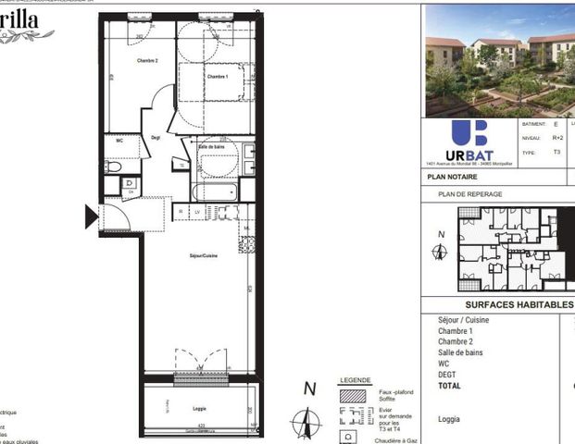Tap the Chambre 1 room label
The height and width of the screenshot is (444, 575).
pyautogui.click(x=218, y=77)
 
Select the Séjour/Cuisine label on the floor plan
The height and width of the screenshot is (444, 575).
pyautogui.click(x=204, y=255)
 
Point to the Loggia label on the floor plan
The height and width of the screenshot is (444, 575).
pyautogui.click(x=199, y=409)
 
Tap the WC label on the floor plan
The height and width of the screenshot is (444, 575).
pyautogui.click(x=119, y=141)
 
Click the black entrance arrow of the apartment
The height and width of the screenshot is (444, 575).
pyautogui.click(x=91, y=217)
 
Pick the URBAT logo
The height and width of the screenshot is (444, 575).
pyautogui.click(x=469, y=141)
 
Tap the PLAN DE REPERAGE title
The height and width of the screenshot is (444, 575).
pyautogui.click(x=470, y=194)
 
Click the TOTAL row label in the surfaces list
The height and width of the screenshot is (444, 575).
pyautogui.click(x=450, y=386)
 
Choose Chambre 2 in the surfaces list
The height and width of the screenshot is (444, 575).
pyautogui.click(x=456, y=341)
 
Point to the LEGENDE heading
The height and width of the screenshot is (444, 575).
pyautogui.click(x=355, y=380)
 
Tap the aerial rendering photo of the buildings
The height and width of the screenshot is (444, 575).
pyautogui.click(x=498, y=58)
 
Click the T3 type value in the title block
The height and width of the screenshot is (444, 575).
pyautogui.click(x=556, y=152)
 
